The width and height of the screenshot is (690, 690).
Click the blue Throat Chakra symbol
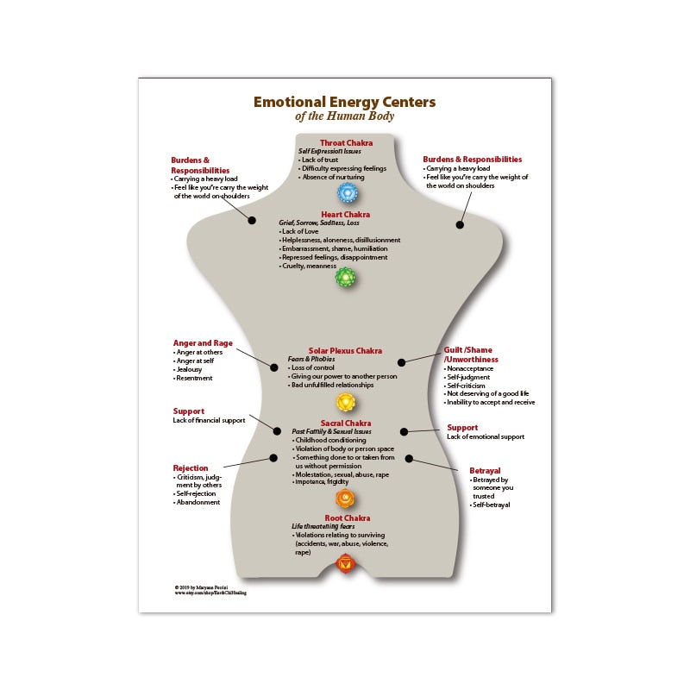pos(346,192)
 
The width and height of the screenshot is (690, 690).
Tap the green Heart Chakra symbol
pos(345,277)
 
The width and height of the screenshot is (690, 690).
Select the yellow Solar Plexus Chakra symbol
pos(345,401)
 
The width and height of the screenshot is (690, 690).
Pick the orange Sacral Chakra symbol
pos(345,498)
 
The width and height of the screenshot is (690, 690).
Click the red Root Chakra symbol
pos(345,564)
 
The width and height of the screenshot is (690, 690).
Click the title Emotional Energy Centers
pos(344,102)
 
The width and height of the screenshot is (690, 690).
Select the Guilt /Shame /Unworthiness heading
pos(472,354)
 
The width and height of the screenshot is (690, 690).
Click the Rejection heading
pos(190,467)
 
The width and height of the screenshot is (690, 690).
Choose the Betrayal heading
pos(485,470)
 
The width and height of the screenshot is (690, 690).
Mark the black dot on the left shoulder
pos(252,220)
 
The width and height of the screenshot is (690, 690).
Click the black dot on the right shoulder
pos(460,224)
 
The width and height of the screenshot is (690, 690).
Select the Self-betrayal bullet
pos(491,505)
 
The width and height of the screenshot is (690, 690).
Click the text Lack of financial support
pos(210,420)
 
